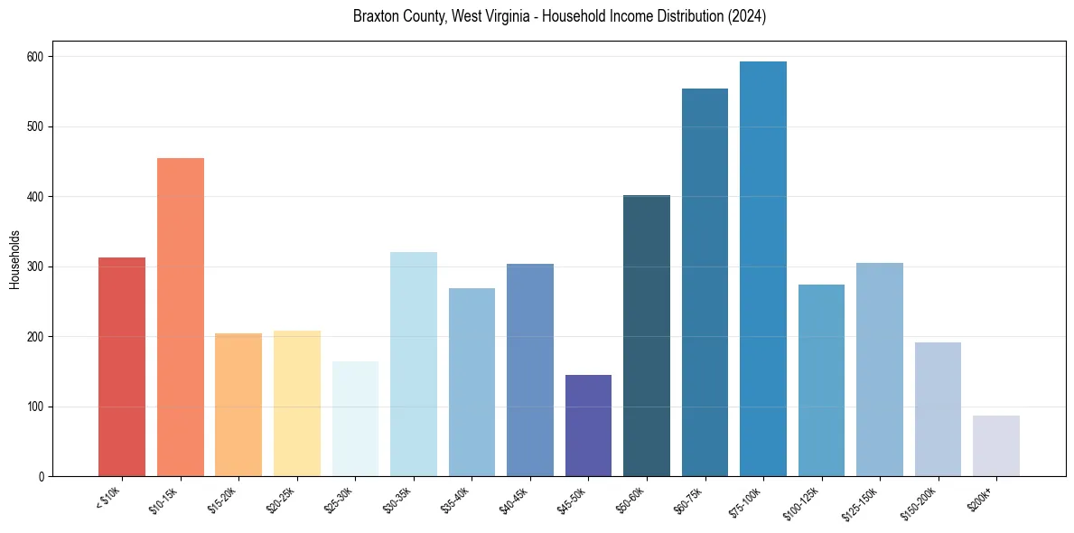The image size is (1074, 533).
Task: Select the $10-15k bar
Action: (180, 317)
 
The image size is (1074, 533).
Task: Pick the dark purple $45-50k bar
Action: (588, 425)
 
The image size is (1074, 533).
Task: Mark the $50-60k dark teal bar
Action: (647, 335)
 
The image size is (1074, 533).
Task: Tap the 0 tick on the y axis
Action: (43, 476)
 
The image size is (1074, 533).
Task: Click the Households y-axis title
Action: (14, 259)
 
